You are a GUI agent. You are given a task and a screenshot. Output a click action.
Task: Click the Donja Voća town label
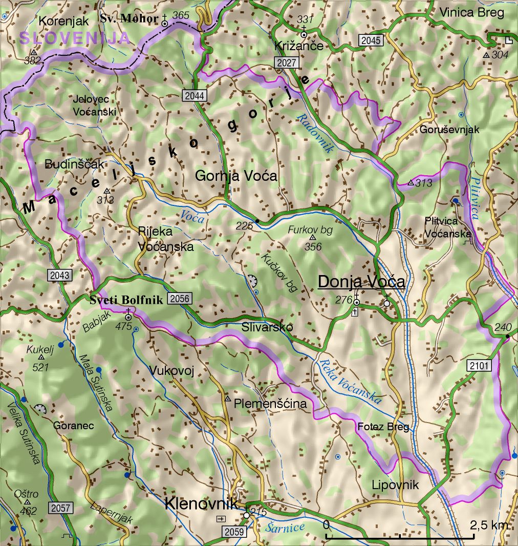[361, 282]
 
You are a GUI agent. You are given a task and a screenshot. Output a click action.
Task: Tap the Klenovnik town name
[201, 503]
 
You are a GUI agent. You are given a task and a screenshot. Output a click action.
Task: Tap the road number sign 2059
[234, 532]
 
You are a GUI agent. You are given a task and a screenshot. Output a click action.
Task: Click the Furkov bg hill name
[311, 230]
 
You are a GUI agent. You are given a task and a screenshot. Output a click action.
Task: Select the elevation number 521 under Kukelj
[40, 367]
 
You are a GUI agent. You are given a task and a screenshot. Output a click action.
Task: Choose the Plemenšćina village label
[270, 404]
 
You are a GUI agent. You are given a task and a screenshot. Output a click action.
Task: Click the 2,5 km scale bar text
[489, 525]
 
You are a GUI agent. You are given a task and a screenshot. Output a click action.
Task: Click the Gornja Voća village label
[236, 176]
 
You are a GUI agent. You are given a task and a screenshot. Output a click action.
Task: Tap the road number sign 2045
[371, 40]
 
